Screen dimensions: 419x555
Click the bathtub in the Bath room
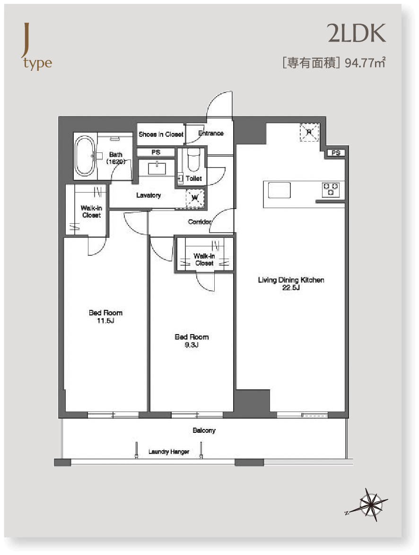coord(85,156)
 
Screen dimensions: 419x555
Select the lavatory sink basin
coord(157,168)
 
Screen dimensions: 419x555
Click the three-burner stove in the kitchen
coord(331,189)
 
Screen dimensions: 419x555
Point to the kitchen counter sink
coord(279,190)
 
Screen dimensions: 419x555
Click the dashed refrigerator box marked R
coord(309,132)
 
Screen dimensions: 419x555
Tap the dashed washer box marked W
coord(195,197)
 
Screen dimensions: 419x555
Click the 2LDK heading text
coord(356,33)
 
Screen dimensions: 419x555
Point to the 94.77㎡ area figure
coord(365,63)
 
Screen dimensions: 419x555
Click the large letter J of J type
coord(25,40)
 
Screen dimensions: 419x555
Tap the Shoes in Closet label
coord(161,135)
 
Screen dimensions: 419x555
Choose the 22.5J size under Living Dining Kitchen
coord(291,288)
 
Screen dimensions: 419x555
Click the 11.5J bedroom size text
coord(105,321)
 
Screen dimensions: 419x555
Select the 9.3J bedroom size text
coord(192,345)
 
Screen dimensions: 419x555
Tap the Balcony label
coord(204,430)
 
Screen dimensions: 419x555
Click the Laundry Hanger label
coord(169,452)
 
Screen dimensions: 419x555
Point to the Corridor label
coord(200,222)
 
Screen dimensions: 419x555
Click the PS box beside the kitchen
coord(336,153)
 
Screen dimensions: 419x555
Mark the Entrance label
coord(211,134)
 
